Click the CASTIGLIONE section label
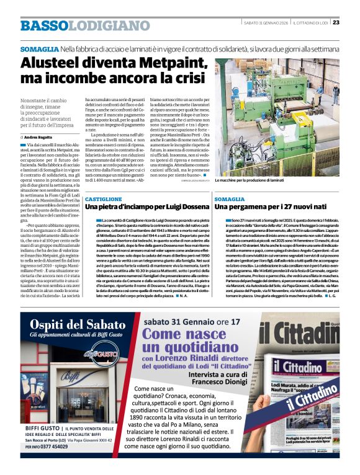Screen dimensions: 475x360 click(104, 198)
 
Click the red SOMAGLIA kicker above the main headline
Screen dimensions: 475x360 click(39, 48)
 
